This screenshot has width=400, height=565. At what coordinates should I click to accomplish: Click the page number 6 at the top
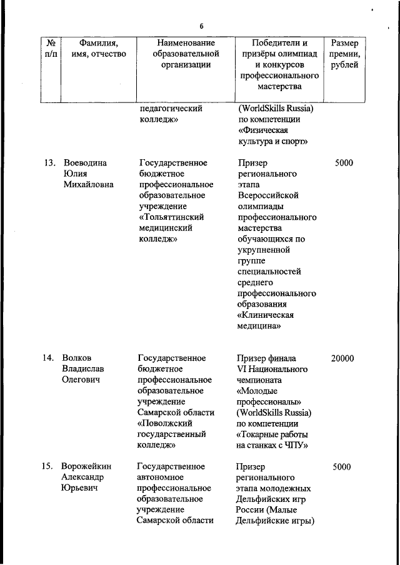[x=201, y=26]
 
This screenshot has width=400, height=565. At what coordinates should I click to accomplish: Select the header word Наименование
[x=186, y=42]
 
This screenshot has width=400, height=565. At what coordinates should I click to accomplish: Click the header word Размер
[x=344, y=42]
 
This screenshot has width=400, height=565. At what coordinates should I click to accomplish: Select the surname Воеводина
[x=86, y=163]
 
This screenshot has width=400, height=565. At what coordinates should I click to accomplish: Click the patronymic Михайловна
[x=89, y=184]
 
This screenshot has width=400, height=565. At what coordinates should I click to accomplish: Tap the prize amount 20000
[x=342, y=358]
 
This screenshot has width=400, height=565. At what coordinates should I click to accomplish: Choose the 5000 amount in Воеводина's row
[x=343, y=163]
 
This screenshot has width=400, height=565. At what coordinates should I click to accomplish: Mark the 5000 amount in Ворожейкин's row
[x=342, y=467]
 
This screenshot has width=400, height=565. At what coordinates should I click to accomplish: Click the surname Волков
[x=77, y=358]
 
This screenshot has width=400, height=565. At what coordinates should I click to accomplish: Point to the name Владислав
[x=84, y=369]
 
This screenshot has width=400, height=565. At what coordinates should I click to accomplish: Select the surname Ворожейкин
[x=88, y=467]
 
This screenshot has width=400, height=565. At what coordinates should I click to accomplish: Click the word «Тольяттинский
[x=171, y=217]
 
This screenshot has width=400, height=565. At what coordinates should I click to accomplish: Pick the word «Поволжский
[x=164, y=423]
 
